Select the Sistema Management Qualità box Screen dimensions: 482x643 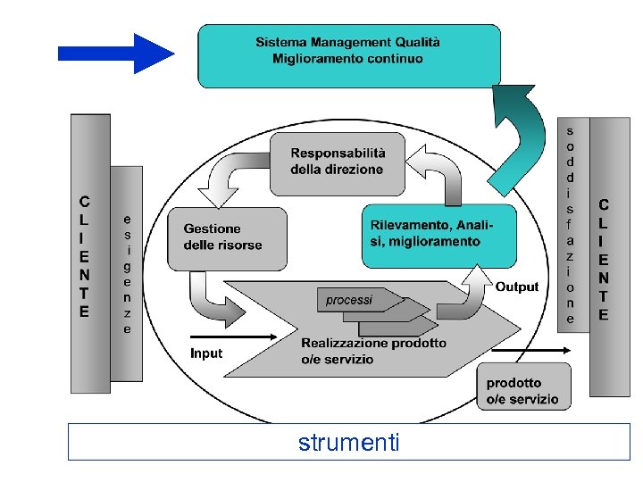(348, 55)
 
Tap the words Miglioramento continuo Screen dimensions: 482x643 (347, 60)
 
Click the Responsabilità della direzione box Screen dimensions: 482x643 (338, 163)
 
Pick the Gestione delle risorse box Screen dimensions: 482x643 (234, 238)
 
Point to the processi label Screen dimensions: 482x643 (349, 300)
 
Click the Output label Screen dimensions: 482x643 (517, 287)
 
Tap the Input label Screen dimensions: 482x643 (206, 353)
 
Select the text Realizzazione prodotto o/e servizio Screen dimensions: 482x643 (373, 351)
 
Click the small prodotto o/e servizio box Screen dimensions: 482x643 (522, 391)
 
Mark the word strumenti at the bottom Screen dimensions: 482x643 (349, 443)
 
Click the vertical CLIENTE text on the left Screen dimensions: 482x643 (85, 257)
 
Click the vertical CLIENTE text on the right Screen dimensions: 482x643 (604, 260)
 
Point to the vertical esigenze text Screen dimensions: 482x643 (127, 273)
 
